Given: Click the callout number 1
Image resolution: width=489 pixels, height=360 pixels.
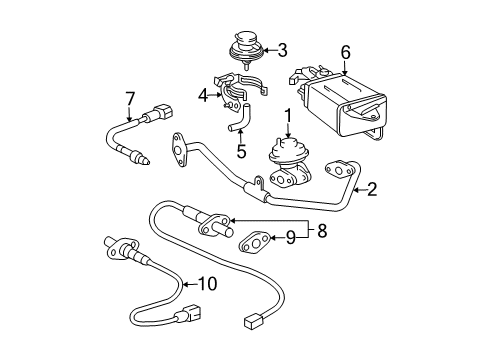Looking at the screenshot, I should (289, 115).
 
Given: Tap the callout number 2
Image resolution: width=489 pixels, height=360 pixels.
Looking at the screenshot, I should (372, 187).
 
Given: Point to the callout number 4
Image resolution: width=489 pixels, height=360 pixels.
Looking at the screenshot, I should (203, 95).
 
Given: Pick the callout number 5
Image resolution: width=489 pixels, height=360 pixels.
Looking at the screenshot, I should (241, 152).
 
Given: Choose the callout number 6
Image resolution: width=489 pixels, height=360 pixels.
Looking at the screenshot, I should (345, 50).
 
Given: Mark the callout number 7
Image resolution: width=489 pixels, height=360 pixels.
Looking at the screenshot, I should (130, 97).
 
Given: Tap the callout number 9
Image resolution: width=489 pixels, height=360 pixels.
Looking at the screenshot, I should (290, 237).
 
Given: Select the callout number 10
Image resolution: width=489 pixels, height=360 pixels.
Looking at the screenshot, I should (207, 283).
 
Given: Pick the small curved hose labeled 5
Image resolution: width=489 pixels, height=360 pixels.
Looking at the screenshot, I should (239, 125).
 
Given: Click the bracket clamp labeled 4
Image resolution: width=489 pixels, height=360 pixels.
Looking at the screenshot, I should (233, 90).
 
